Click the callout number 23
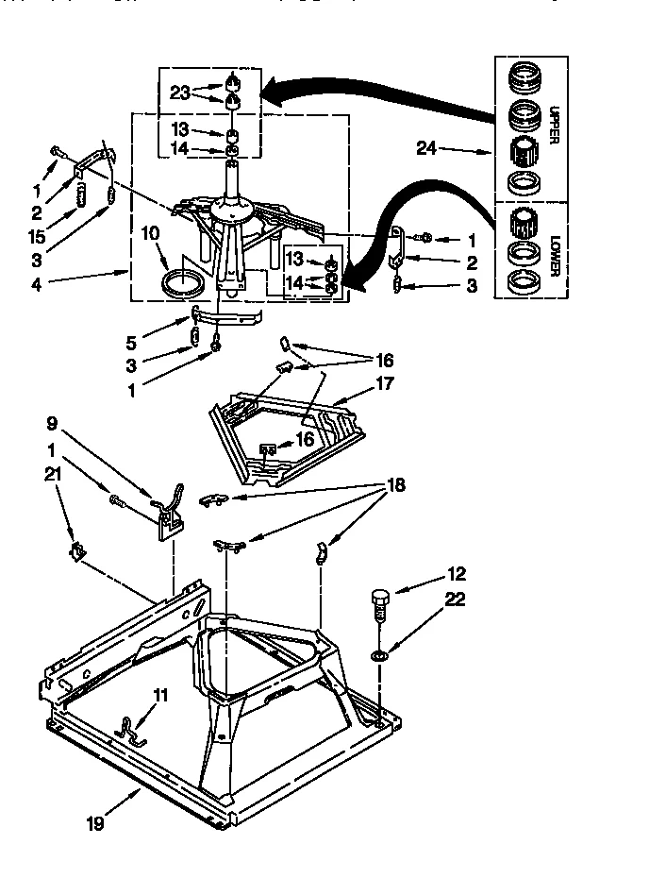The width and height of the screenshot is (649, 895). (x=179, y=93)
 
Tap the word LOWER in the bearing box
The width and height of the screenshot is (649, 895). (x=555, y=253)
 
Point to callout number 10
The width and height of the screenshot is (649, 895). (x=149, y=233)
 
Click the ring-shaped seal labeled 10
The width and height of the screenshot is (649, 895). (x=181, y=282)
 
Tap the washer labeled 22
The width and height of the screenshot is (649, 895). (x=378, y=654)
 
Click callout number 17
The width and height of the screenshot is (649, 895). (x=384, y=384)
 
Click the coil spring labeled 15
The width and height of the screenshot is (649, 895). (x=82, y=198)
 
